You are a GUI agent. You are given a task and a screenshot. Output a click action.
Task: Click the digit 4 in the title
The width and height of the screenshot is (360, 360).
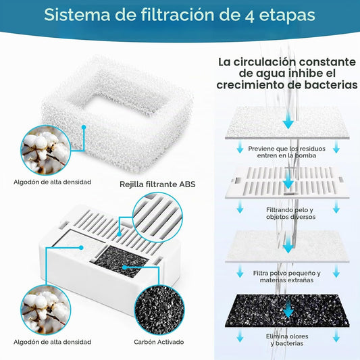click(249, 16)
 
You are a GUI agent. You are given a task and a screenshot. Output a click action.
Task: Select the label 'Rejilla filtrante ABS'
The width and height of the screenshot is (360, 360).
click(157, 184)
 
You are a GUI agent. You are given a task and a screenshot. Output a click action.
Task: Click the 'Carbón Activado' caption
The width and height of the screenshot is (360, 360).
click(159, 342)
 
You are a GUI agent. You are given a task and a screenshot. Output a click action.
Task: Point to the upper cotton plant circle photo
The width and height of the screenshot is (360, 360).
click(46, 150)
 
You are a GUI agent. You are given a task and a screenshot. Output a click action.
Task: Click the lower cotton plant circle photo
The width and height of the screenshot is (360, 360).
click(46, 310)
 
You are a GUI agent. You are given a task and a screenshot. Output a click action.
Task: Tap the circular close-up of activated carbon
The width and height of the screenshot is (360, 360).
click(159, 310)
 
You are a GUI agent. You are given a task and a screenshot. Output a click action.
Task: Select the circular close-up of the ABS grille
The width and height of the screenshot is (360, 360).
click(157, 217)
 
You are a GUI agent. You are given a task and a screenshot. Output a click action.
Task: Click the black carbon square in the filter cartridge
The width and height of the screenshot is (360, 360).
click(121, 261)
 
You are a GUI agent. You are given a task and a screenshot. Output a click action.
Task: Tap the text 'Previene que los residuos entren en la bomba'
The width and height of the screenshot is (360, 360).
click(286, 152)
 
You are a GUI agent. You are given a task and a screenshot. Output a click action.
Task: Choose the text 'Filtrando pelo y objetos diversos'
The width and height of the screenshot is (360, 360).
click(290, 213)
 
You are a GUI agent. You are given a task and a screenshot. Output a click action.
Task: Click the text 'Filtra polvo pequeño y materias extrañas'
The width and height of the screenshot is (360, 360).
click(287, 277)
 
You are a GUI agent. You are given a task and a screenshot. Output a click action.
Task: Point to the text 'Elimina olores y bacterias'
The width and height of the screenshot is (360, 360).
click(287, 340)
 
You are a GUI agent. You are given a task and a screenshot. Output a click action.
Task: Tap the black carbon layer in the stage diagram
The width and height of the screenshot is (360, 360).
click(287, 311)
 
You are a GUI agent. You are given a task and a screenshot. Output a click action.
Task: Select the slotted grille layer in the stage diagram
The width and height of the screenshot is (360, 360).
click(287, 182)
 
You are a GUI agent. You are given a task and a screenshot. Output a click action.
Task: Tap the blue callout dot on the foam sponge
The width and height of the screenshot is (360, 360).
click(84, 127)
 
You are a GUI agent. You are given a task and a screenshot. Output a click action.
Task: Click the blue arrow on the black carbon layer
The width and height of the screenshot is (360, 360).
click(288, 309)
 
